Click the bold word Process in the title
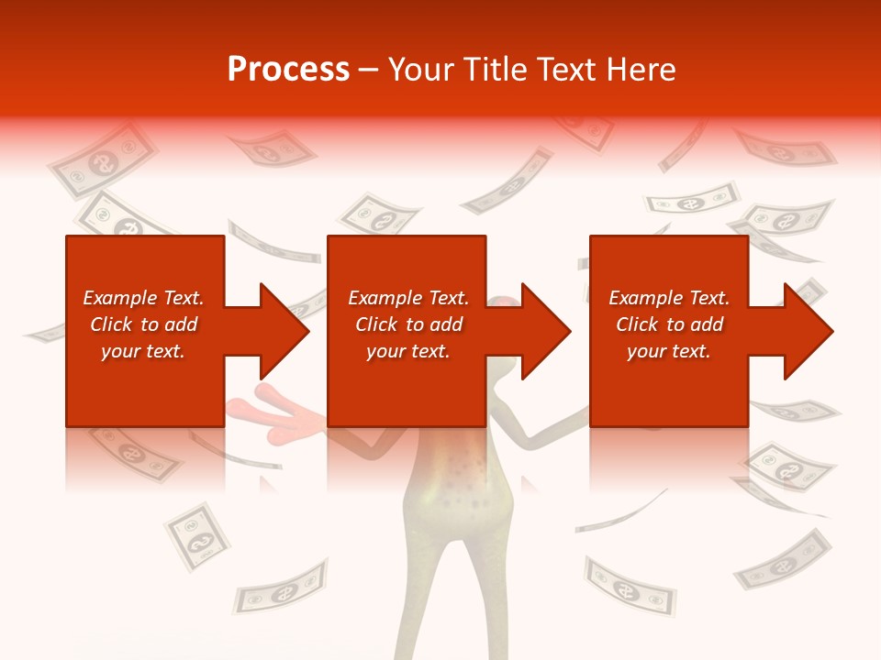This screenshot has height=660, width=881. click(x=288, y=70)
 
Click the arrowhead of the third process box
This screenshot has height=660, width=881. click(x=809, y=331)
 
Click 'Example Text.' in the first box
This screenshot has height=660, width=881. click(x=143, y=298)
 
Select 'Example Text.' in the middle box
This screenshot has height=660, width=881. click(x=408, y=298)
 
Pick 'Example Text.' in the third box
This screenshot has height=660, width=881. click(x=669, y=298)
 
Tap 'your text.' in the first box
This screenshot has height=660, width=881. click(x=143, y=351)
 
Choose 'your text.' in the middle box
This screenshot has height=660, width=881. click(x=408, y=351)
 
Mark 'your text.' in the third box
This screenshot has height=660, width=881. click(x=669, y=351)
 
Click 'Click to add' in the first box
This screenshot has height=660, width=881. click(x=143, y=324)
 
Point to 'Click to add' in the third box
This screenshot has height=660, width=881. click(x=669, y=324)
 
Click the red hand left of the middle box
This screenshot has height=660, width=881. click(x=275, y=407)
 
